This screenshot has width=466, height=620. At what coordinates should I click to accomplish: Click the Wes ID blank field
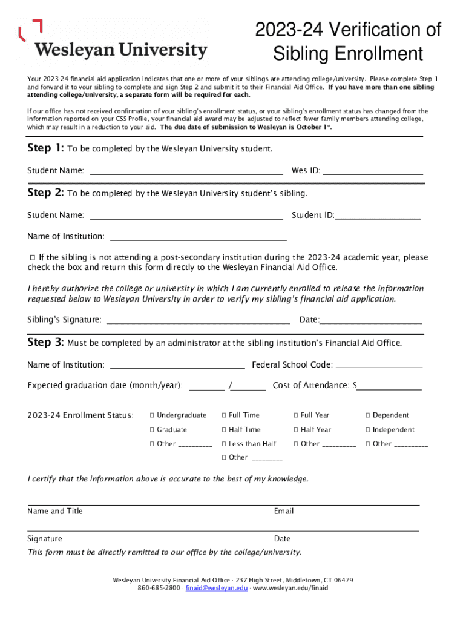(373, 171)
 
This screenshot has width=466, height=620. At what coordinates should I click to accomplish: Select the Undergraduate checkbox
(153, 415)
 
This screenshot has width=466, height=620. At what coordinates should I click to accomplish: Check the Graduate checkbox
(153, 430)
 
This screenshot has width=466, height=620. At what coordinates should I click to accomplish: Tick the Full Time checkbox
(224, 415)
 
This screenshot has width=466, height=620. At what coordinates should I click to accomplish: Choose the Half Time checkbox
(224, 430)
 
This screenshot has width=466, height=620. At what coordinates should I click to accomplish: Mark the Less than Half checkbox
(224, 444)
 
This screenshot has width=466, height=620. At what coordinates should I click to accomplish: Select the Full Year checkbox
(296, 415)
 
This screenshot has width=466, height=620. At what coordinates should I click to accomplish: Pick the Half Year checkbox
(296, 430)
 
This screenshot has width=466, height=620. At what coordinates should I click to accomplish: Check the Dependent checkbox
(367, 415)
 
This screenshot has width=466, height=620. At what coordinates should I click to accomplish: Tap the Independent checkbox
(367, 430)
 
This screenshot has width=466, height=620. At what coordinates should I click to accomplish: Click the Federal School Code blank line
(379, 365)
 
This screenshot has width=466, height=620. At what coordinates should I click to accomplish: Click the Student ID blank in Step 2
(378, 216)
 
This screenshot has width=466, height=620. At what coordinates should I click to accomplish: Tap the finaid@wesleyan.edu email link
(217, 588)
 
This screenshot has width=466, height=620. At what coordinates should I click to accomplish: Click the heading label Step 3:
(45, 343)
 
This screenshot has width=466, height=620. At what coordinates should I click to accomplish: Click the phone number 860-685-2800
(159, 588)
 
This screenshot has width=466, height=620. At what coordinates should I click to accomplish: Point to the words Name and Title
(55, 512)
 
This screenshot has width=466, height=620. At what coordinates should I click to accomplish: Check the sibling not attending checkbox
(33, 258)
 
